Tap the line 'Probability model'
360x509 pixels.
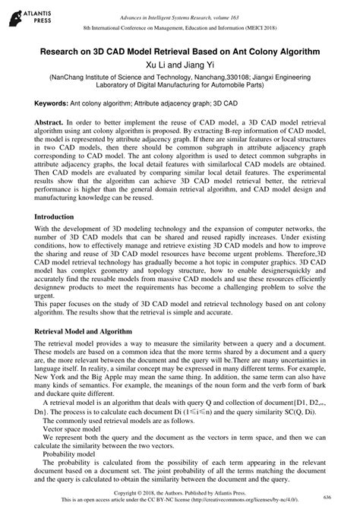(x=71, y=476)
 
